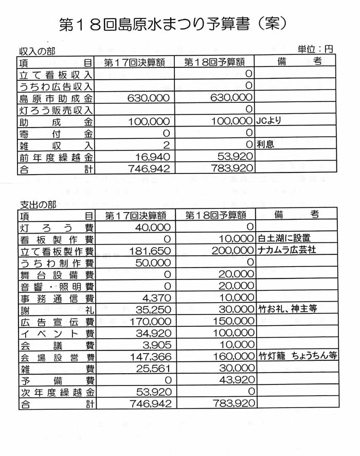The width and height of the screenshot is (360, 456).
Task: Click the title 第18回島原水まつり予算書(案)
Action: tap(173, 24)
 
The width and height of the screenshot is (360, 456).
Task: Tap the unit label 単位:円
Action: tap(315, 49)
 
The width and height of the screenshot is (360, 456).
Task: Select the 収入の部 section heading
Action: tap(37, 51)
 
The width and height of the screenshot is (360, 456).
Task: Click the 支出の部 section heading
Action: tap(37, 204)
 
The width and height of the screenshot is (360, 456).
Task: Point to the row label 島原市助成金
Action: tap(56, 98)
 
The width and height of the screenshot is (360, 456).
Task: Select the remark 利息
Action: tap(266, 145)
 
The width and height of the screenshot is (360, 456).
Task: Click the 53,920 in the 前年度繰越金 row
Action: tap(235, 156)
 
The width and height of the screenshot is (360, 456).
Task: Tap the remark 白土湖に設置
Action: tap(284, 238)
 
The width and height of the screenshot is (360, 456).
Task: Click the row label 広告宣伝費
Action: tap(56, 322)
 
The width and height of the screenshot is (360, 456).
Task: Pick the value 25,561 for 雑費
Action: tap(152, 369)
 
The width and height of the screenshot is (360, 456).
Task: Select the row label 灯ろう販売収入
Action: tap(56, 110)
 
